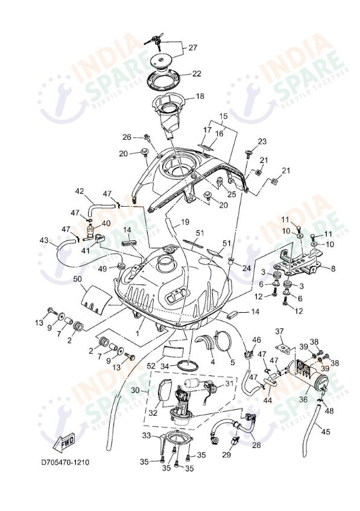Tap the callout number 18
(200, 96)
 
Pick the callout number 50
(77, 278)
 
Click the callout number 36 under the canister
(303, 398)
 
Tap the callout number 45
(326, 431)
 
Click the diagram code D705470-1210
(65, 463)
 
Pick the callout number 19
(185, 222)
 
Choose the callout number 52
(150, 366)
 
